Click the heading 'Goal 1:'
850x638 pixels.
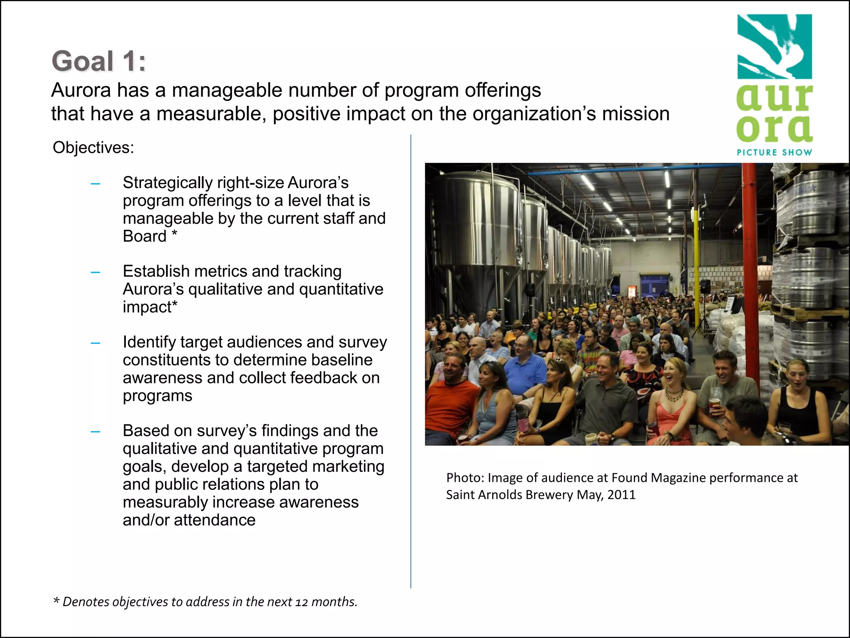[x=99, y=61]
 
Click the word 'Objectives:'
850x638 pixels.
[x=93, y=148]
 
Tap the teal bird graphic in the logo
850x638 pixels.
[x=774, y=47]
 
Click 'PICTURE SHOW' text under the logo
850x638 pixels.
[x=774, y=152]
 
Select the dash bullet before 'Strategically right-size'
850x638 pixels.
[x=95, y=183]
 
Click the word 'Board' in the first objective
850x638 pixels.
[x=144, y=236]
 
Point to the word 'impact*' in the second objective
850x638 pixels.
[x=150, y=307]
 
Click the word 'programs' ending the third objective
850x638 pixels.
[x=157, y=396]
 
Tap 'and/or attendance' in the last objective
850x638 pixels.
[x=189, y=520]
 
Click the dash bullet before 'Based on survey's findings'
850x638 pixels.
[x=95, y=431]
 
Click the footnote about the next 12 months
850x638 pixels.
[x=205, y=602]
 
